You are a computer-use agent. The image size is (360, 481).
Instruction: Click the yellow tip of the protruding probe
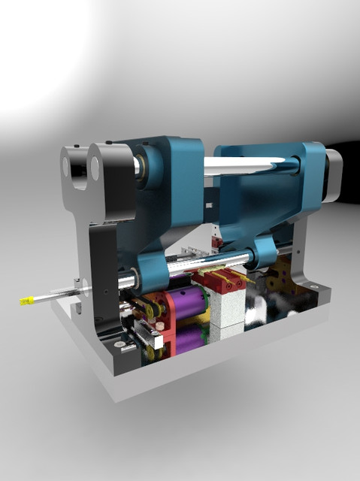pos(26,301)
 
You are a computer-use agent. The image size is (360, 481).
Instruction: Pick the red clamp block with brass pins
pos(222,282)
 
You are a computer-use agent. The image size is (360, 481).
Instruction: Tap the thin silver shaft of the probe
pos(56,295)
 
